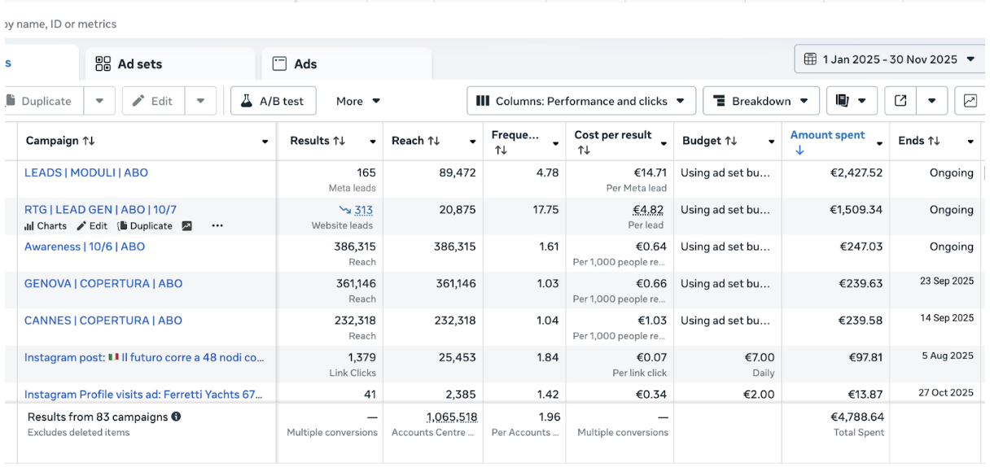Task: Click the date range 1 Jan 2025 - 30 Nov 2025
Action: coord(889,59)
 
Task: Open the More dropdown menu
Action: coord(357,101)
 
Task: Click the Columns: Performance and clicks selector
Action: coord(581,101)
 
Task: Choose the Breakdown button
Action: coord(761,101)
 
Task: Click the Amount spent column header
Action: coord(827,135)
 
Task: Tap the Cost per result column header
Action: coord(613,135)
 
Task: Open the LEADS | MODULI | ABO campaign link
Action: coord(86,172)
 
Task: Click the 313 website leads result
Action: coord(363,210)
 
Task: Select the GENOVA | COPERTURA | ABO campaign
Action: coord(103,284)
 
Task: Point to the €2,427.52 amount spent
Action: coord(856,172)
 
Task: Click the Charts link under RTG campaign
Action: coord(46,226)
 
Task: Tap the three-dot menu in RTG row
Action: coord(217,225)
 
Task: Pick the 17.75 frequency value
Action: coord(545,210)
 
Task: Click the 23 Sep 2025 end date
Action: coord(947,281)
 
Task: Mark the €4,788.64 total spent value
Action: coord(857,417)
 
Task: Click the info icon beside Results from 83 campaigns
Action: coord(176,417)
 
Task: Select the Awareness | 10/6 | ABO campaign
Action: coord(85,247)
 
